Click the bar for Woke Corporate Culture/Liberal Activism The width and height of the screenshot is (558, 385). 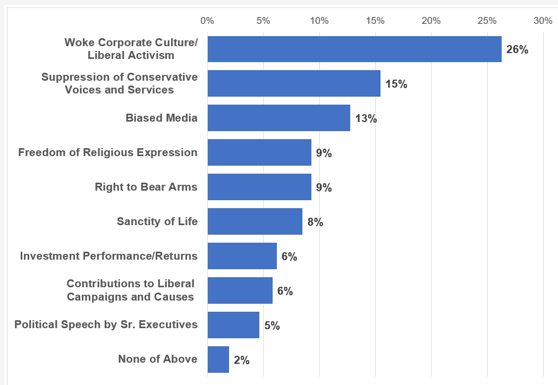point(354,49)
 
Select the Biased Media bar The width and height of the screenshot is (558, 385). point(279,118)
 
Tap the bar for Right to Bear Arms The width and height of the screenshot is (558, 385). point(259,187)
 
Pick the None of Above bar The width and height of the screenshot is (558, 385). point(218,360)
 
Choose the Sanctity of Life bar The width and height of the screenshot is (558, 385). point(255,221)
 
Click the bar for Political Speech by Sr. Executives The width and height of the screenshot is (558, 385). point(233,325)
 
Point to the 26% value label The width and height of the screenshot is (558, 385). point(517,50)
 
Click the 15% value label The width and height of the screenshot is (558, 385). point(396,84)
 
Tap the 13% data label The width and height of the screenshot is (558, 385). point(366,118)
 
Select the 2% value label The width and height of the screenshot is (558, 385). point(241,360)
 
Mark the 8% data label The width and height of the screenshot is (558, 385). point(315,222)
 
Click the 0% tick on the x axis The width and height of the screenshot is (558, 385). point(207,21)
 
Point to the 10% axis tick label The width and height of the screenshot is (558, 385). point(319,21)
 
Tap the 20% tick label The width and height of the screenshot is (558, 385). point(431,21)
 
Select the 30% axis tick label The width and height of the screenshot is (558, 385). point(543,21)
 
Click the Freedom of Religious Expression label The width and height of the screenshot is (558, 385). point(108,152)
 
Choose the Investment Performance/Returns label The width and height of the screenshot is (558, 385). point(109,256)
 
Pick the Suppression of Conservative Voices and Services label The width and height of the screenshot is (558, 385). point(120,83)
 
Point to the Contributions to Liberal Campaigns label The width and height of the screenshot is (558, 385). point(130,290)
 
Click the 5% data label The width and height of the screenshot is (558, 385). point(272,326)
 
